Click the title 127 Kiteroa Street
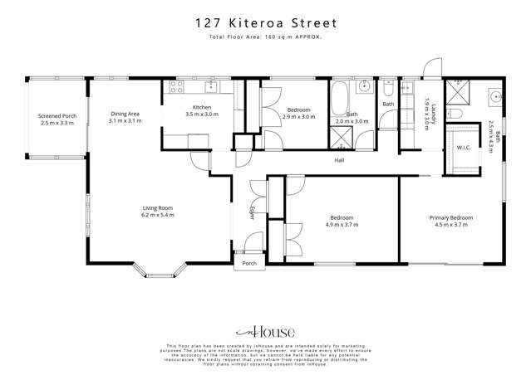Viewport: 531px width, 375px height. pos(265,23)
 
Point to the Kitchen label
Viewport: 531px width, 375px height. pos(202,108)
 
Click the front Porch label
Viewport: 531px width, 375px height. pos(248,263)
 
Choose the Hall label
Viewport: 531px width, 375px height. pos(339,160)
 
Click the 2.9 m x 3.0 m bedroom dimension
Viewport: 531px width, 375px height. pos(298,118)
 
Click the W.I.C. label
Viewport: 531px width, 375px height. pos(463,149)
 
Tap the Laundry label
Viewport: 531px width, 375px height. pos(425,107)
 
